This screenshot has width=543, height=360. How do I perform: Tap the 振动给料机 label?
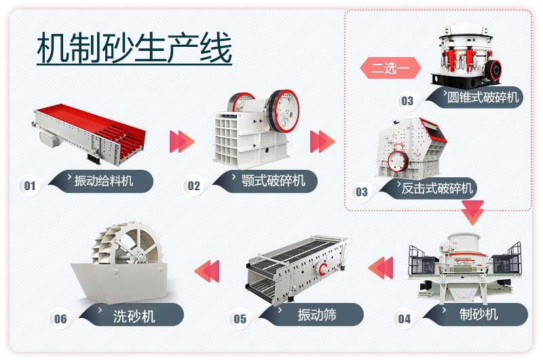103,181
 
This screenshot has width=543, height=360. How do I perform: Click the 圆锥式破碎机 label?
483,97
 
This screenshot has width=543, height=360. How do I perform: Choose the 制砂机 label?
478,314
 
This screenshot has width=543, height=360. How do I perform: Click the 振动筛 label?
316,314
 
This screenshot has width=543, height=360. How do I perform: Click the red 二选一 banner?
390,69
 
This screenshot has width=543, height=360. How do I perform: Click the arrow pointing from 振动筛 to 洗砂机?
208,270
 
